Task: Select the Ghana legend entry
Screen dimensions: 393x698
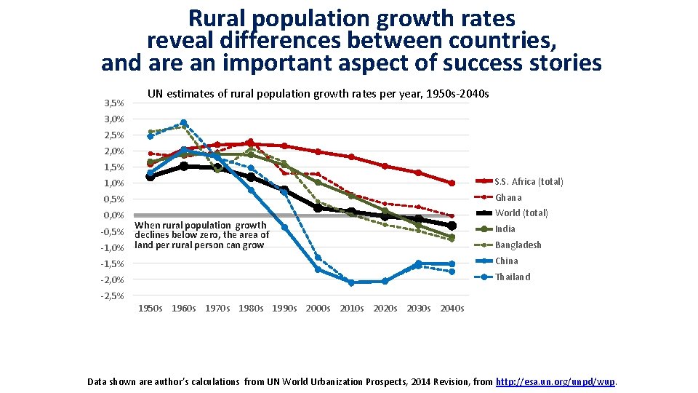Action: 508,197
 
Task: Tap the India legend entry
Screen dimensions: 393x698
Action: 505,229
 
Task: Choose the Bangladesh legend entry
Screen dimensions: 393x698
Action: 518,245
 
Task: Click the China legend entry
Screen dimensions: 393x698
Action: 506,261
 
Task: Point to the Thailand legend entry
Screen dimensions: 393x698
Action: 513,277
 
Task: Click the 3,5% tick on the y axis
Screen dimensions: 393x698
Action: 113,103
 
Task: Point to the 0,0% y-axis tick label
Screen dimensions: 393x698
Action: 113,215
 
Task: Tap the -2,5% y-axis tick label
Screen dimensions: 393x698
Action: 112,295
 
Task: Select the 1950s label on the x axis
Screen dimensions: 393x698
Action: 151,309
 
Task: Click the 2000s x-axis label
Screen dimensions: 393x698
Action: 318,309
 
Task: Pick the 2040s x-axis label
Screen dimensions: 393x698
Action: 452,309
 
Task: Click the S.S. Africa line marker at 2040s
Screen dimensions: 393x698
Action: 452,183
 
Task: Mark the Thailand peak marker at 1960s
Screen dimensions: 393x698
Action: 184,123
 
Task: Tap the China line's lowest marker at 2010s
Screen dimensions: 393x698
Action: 351,282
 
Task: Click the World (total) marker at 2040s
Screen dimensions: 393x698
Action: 452,226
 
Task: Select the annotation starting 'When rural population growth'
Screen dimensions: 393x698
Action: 201,235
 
